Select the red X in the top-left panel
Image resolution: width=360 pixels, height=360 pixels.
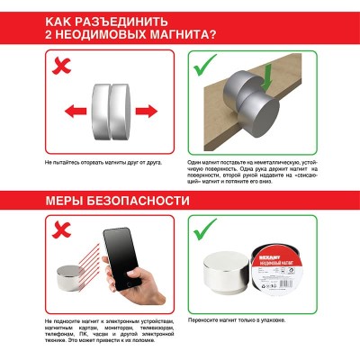[62, 65]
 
